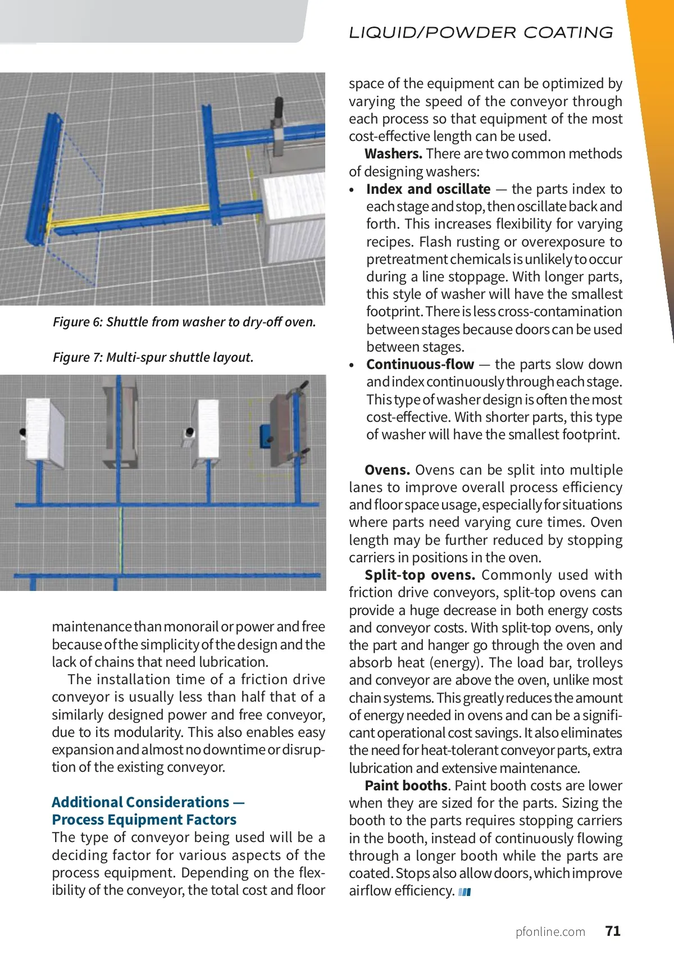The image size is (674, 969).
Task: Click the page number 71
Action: (613, 931)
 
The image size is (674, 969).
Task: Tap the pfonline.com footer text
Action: (550, 931)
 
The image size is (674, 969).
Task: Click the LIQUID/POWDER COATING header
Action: (481, 33)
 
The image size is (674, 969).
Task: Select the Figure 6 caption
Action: (184, 322)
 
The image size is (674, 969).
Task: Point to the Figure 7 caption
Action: (153, 357)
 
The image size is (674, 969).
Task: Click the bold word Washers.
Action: (393, 153)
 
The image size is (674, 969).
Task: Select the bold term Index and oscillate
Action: (429, 189)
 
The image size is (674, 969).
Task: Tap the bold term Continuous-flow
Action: (420, 364)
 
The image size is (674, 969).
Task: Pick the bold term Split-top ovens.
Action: (420, 575)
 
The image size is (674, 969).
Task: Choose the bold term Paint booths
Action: (406, 785)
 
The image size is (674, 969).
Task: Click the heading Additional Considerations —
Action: (148, 802)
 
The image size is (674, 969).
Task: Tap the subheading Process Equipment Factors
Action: (144, 820)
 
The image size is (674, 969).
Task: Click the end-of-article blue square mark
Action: (464, 892)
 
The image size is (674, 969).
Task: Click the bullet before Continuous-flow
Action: (352, 365)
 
